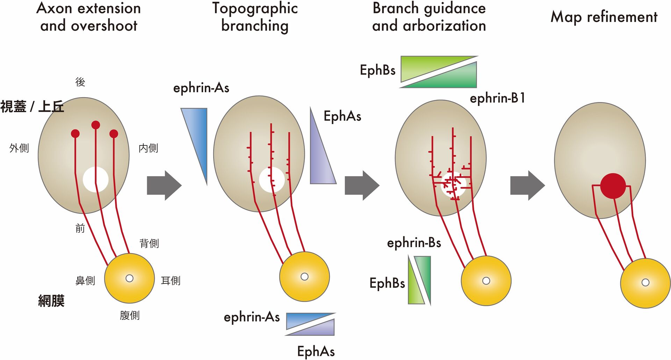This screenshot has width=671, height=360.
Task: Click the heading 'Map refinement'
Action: coord(604,17)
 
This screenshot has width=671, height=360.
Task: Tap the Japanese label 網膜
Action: coord(51,301)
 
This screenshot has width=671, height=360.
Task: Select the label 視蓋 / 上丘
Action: coord(32,106)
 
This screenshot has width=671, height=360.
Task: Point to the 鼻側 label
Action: coord(85,280)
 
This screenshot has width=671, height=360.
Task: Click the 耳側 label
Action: coord(171,280)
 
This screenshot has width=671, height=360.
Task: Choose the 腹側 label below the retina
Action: coord(130,315)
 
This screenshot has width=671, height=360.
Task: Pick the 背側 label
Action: coord(149,243)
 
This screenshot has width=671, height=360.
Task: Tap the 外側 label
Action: coord(19,148)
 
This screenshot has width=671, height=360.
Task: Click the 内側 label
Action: coord(149,148)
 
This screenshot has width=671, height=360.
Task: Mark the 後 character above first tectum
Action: coord(80,82)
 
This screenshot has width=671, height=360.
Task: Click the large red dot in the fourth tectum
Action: coord(613,186)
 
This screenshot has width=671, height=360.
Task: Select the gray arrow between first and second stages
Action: coord(164,185)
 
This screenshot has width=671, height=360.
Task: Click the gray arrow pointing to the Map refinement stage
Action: coord(527,185)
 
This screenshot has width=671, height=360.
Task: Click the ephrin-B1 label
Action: coord(497,98)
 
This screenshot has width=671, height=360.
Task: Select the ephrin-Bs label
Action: coord(414,243)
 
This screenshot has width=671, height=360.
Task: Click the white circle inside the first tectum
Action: coord(95,180)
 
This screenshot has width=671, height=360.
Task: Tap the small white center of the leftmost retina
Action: coord(130,278)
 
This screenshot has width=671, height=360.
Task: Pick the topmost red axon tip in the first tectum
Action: coord(96,125)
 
